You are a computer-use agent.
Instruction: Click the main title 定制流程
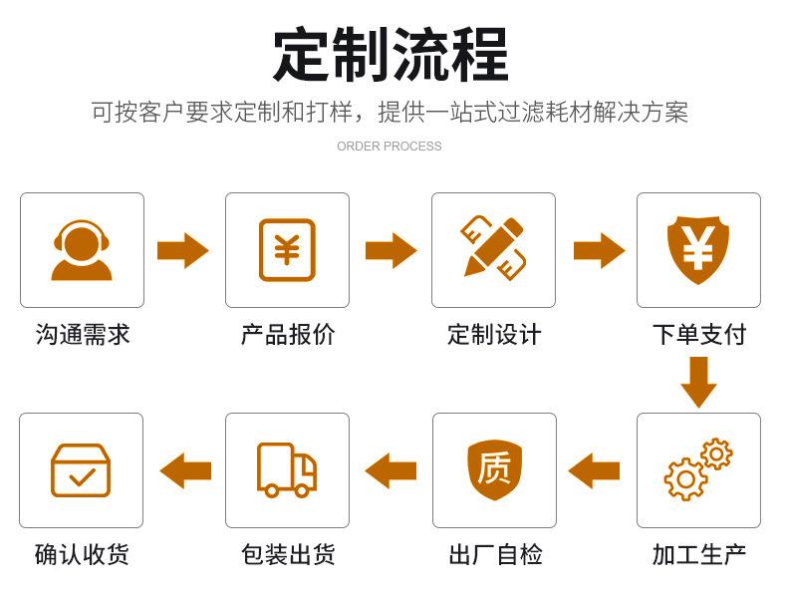click(391, 54)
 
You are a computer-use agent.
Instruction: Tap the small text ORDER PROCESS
click(389, 147)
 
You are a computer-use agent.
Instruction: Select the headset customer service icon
click(82, 250)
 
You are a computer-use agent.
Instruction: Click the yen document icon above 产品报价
click(287, 250)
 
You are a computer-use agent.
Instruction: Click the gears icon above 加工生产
click(697, 469)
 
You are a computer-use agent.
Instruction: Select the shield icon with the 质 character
click(494, 468)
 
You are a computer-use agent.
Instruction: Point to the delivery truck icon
click(287, 469)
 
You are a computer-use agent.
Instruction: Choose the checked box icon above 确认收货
click(81, 470)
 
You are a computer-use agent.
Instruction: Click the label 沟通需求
click(83, 334)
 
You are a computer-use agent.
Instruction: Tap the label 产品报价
click(288, 334)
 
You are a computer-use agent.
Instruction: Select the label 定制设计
click(494, 334)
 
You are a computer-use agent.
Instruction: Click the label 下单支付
click(698, 334)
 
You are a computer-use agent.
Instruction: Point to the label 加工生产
click(698, 555)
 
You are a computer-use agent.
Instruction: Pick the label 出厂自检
click(495, 555)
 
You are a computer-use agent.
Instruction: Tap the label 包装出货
click(288, 555)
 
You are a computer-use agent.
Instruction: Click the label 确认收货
click(82, 555)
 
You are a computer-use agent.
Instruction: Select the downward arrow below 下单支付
click(698, 382)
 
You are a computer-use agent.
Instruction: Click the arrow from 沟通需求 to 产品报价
click(183, 250)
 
